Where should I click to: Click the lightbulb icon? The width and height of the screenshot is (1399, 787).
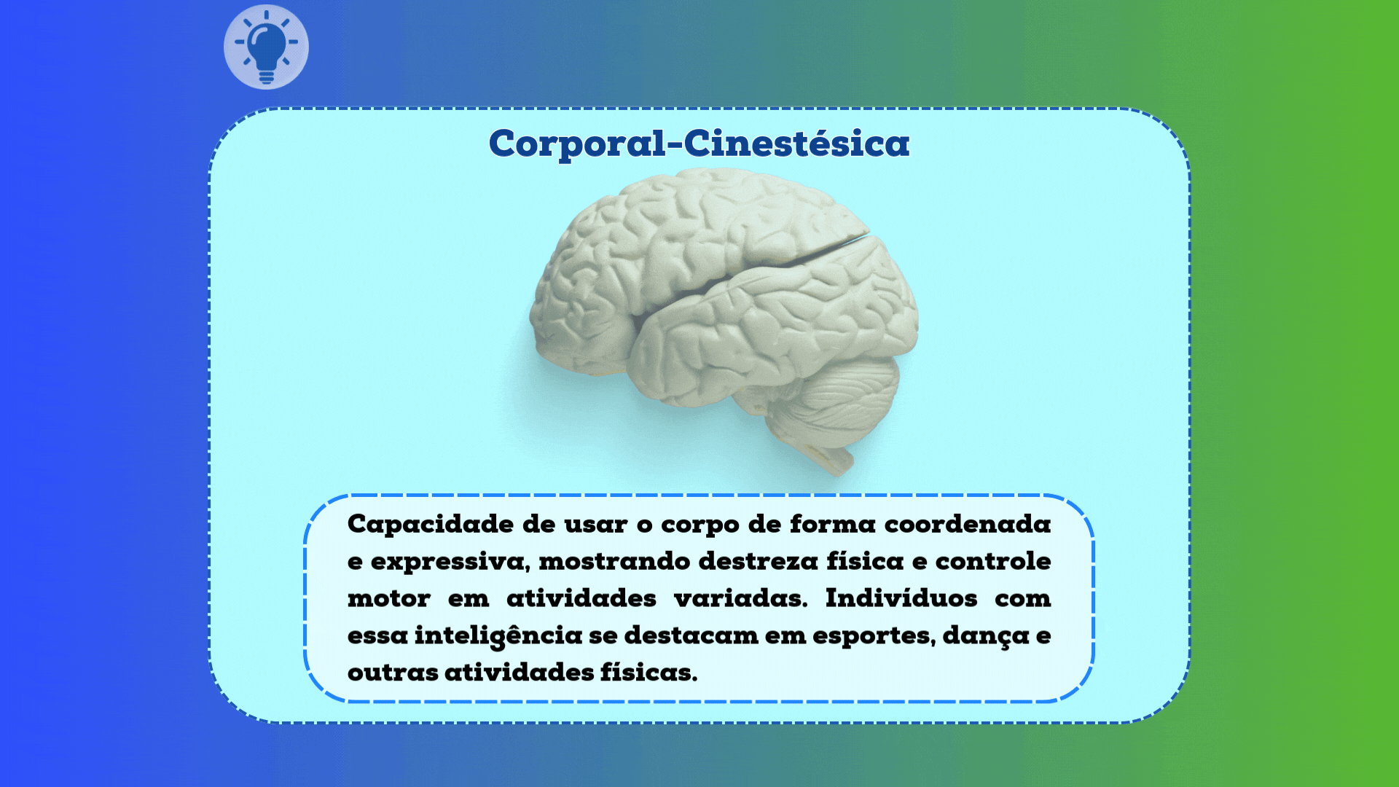(266, 47)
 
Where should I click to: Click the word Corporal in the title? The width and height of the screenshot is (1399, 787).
(576, 144)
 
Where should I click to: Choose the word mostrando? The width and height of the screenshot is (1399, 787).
(614, 561)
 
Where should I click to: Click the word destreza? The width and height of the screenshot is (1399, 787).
(759, 561)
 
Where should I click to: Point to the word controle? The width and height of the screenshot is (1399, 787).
(993, 561)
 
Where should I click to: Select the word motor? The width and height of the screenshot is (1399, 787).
(389, 599)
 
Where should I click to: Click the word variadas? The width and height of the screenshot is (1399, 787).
(740, 598)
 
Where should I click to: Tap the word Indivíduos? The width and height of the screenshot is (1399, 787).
(901, 598)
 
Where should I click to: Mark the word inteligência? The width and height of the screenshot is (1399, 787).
(498, 636)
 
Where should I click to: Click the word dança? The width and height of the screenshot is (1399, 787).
(986, 636)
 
